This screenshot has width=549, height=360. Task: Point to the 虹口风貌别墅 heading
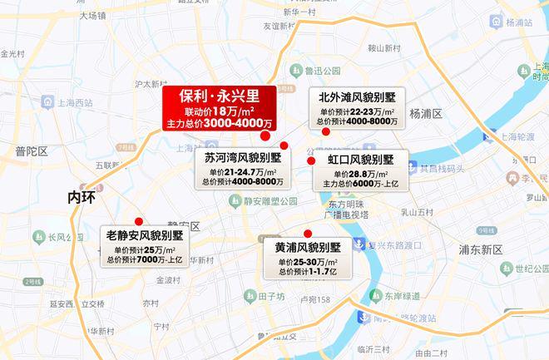pyautogui.click(x=359, y=159)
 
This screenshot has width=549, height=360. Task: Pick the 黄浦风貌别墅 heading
pyautogui.click(x=309, y=247)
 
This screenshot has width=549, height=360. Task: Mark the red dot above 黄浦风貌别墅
pyautogui.click(x=308, y=233)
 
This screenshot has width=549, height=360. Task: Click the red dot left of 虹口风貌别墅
pyautogui.click(x=311, y=160)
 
